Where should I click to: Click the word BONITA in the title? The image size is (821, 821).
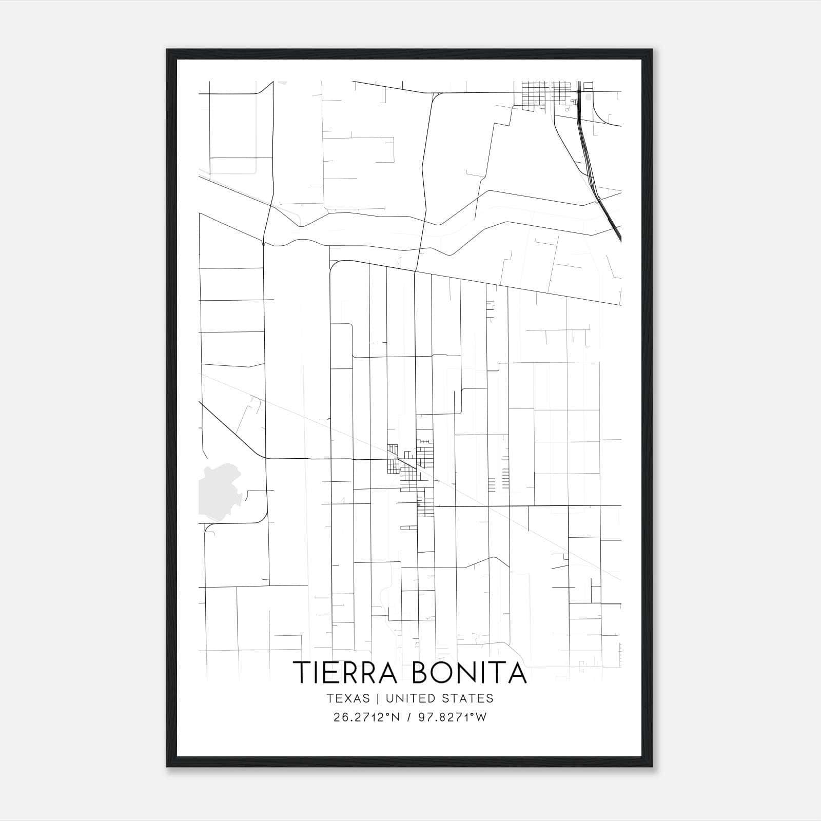pyautogui.click(x=469, y=673)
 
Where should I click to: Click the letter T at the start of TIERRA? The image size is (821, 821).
pyautogui.click(x=301, y=673)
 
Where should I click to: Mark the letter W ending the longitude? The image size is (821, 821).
pyautogui.click(x=482, y=717)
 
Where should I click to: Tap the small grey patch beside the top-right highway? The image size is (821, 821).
pyautogui.click(x=588, y=96)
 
